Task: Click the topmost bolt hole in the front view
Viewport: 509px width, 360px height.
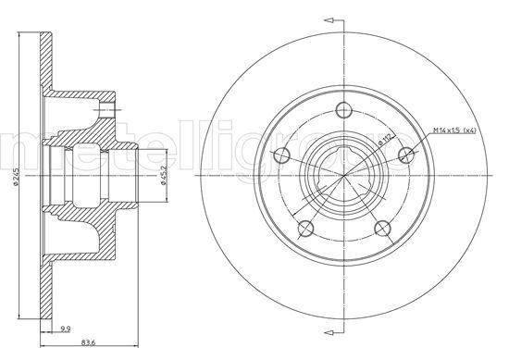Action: click(x=343, y=107)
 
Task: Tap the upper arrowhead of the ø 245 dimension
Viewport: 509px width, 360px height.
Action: click(x=19, y=38)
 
